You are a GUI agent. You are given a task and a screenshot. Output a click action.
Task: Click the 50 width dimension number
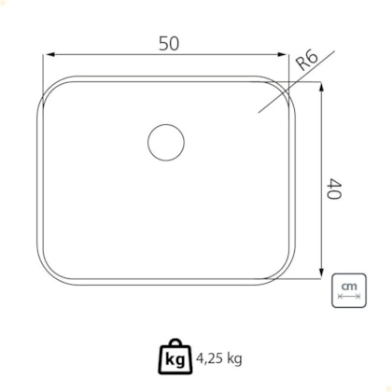pos(169,44)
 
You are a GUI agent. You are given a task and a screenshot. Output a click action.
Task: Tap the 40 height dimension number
pos(334,189)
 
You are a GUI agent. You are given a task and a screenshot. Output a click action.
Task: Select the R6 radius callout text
pos(307,61)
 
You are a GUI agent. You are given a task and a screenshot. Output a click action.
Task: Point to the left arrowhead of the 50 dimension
pos(49,55)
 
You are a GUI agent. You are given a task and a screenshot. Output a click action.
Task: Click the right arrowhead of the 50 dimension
pos(282,55)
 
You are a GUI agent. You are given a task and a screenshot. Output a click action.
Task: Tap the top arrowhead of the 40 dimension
pos(322,88)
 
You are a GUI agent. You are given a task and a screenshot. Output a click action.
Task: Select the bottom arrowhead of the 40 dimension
pos(322,273)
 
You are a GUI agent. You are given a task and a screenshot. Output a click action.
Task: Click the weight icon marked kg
pos(175,357)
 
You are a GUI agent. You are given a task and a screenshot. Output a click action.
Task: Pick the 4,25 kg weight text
pos(219,358)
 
